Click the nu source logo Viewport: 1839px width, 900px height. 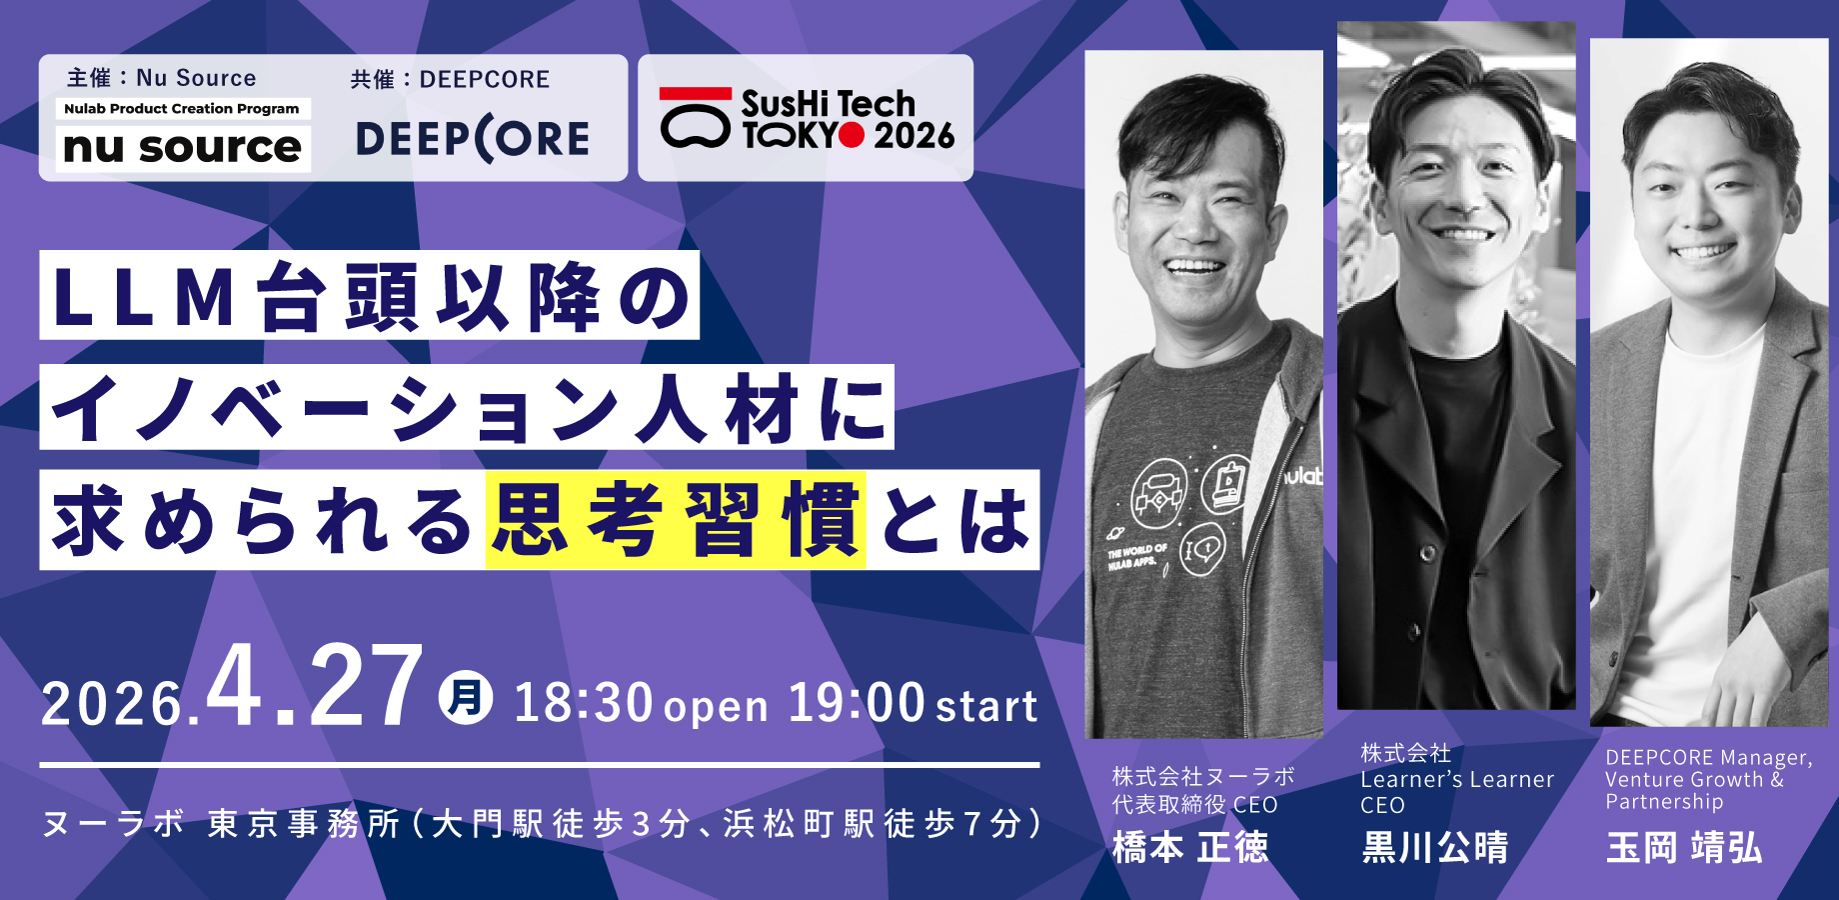coord(182,147)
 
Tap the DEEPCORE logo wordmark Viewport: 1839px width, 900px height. coord(473,139)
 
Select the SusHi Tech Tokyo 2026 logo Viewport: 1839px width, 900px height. coord(807,119)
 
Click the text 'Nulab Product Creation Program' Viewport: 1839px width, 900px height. coord(182,108)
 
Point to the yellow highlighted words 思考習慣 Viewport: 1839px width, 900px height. coord(676,520)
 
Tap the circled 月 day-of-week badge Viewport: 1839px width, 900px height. coord(466,697)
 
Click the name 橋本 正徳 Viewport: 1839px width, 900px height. coord(1190,848)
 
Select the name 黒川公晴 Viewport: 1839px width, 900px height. coord(1434,848)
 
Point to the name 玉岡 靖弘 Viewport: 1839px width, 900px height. coord(1684,848)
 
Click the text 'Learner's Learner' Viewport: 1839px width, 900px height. coord(1457,780)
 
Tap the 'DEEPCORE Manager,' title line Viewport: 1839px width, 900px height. coord(1709,758)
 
